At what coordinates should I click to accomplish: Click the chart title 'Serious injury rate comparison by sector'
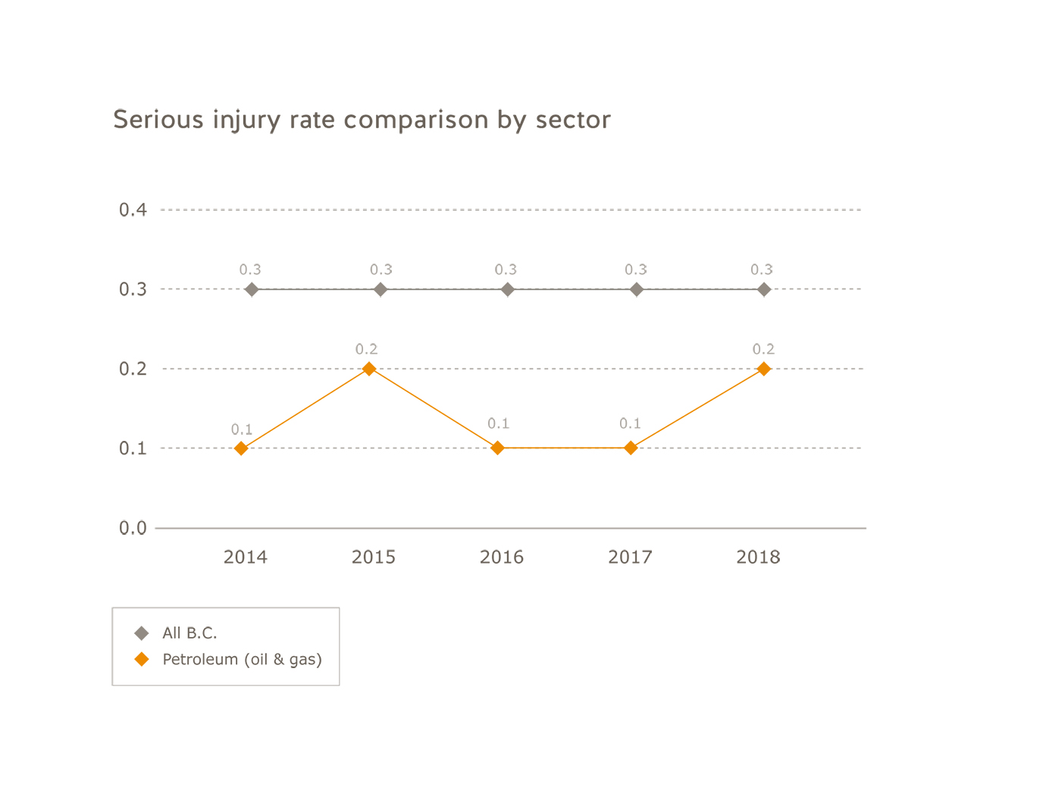(362, 120)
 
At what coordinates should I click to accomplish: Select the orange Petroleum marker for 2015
(369, 369)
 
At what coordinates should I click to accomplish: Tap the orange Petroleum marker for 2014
(241, 448)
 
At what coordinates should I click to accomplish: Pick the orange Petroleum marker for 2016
(497, 448)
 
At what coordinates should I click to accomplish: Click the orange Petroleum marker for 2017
(630, 448)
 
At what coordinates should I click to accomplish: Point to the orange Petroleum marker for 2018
(763, 369)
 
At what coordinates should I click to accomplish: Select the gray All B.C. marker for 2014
(252, 289)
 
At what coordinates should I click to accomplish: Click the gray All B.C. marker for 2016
(508, 289)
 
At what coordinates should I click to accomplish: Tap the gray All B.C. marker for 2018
(764, 289)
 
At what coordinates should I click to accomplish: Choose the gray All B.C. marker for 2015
(381, 289)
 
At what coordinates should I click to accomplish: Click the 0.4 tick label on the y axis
(133, 210)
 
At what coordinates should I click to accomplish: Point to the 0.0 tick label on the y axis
(133, 528)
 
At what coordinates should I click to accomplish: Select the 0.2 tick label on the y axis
(133, 369)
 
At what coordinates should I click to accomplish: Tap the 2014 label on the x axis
(245, 558)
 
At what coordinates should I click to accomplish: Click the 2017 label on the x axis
(630, 558)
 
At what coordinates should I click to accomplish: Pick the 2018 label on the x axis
(758, 558)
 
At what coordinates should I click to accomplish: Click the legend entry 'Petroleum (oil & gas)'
(242, 660)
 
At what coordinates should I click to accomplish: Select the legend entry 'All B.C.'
(189, 633)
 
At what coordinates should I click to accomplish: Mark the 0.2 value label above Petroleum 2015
(366, 349)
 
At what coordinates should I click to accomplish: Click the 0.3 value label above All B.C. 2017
(636, 270)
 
